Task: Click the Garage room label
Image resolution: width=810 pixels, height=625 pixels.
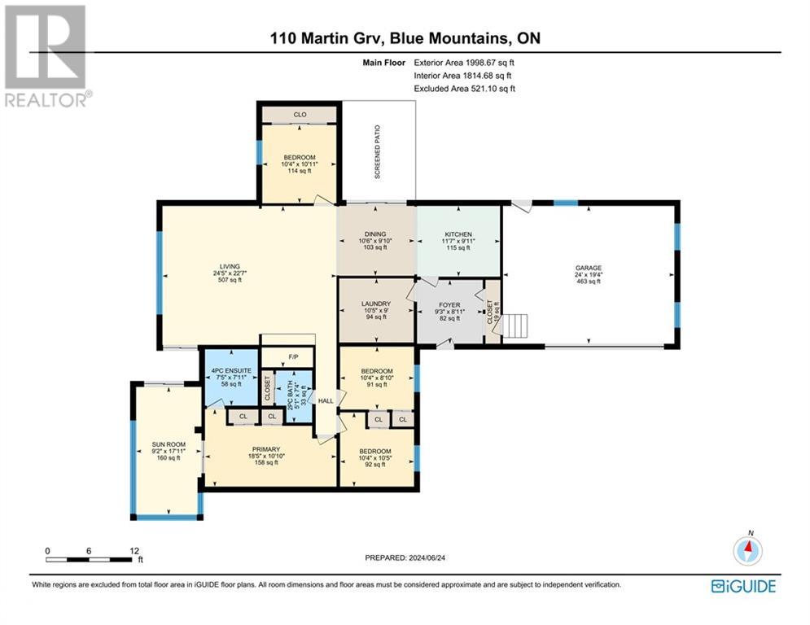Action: pyautogui.click(x=588, y=267)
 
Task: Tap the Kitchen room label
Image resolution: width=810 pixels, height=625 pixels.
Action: pyautogui.click(x=458, y=234)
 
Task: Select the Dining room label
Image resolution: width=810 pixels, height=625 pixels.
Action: pyautogui.click(x=375, y=234)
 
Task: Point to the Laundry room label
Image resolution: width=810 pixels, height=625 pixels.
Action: pyautogui.click(x=375, y=305)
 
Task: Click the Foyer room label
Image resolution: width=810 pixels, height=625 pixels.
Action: pyautogui.click(x=449, y=305)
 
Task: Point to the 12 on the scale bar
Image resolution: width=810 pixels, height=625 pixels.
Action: pyautogui.click(x=134, y=550)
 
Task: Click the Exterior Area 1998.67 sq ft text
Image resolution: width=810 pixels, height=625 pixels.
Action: pyautogui.click(x=465, y=62)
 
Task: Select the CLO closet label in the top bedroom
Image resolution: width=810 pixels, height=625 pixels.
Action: pyautogui.click(x=300, y=115)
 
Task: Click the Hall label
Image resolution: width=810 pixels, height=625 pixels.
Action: pyautogui.click(x=326, y=400)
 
